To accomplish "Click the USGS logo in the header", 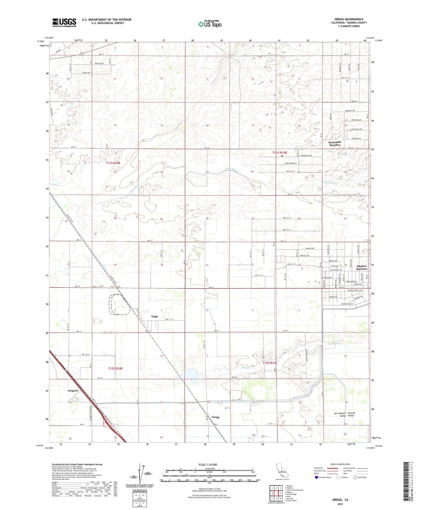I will point(64,22).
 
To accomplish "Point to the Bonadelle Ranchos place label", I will point(335,143).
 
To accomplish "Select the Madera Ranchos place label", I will point(362,267).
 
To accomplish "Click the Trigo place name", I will point(154,316).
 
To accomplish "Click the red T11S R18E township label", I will point(113,163).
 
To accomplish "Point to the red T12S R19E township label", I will point(270,363).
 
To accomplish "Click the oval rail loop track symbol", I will point(119,305).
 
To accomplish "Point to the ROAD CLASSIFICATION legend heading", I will point(340,464).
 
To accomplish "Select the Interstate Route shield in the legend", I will point(317,478).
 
